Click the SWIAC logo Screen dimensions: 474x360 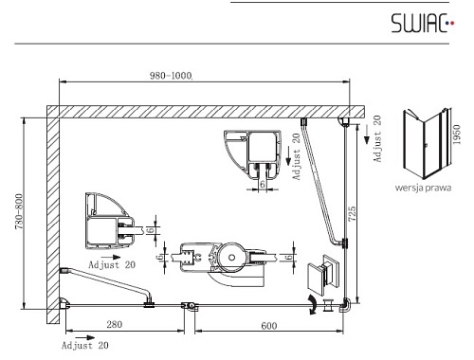pyautogui.click(x=423, y=23)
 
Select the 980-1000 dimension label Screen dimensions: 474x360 pyautogui.click(x=171, y=76)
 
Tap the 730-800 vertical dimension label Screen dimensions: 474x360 pyautogui.click(x=19, y=211)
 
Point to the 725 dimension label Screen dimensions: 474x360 pyautogui.click(x=352, y=213)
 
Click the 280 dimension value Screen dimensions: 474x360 pyautogui.click(x=115, y=324)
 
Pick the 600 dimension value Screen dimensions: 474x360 pyautogui.click(x=269, y=326)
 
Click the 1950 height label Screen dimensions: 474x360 pyautogui.click(x=457, y=135)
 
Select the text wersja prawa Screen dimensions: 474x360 pyautogui.click(x=423, y=188)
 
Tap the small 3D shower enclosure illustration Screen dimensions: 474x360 pyautogui.click(x=427, y=144)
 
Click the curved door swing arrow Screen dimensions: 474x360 pyautogui.click(x=313, y=305)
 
